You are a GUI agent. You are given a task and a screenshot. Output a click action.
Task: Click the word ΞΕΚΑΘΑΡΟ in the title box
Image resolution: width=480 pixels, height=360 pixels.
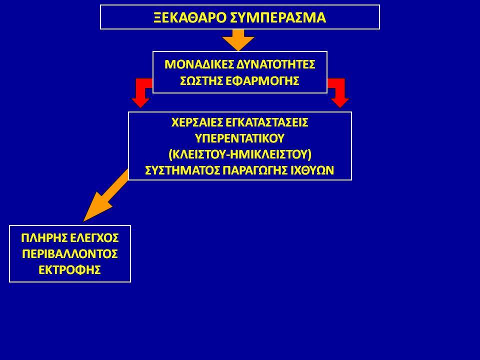(190, 18)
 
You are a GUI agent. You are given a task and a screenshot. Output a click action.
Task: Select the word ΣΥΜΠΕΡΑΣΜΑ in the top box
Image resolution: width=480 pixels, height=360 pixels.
(277, 18)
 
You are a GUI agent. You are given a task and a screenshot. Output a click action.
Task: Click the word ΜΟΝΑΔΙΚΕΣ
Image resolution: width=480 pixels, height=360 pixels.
(199, 64)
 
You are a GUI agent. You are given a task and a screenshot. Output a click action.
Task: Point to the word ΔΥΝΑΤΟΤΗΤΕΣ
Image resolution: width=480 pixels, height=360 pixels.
(276, 64)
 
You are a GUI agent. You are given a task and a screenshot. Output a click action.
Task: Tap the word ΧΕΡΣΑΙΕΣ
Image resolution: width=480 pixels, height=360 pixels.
(197, 122)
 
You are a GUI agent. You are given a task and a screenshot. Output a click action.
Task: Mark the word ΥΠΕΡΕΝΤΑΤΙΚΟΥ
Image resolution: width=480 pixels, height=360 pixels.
(239, 138)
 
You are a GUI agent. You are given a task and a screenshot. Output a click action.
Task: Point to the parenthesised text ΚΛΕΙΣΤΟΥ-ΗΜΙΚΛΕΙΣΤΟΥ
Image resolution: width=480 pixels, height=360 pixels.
(240, 154)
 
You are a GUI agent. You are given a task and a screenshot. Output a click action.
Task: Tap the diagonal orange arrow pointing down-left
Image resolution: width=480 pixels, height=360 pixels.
(106, 195)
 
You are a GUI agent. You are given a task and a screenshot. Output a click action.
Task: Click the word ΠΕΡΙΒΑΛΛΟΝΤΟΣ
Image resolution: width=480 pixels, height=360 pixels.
(70, 254)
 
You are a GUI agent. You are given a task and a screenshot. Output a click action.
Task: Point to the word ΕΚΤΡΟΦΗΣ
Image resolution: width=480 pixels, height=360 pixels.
(70, 270)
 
